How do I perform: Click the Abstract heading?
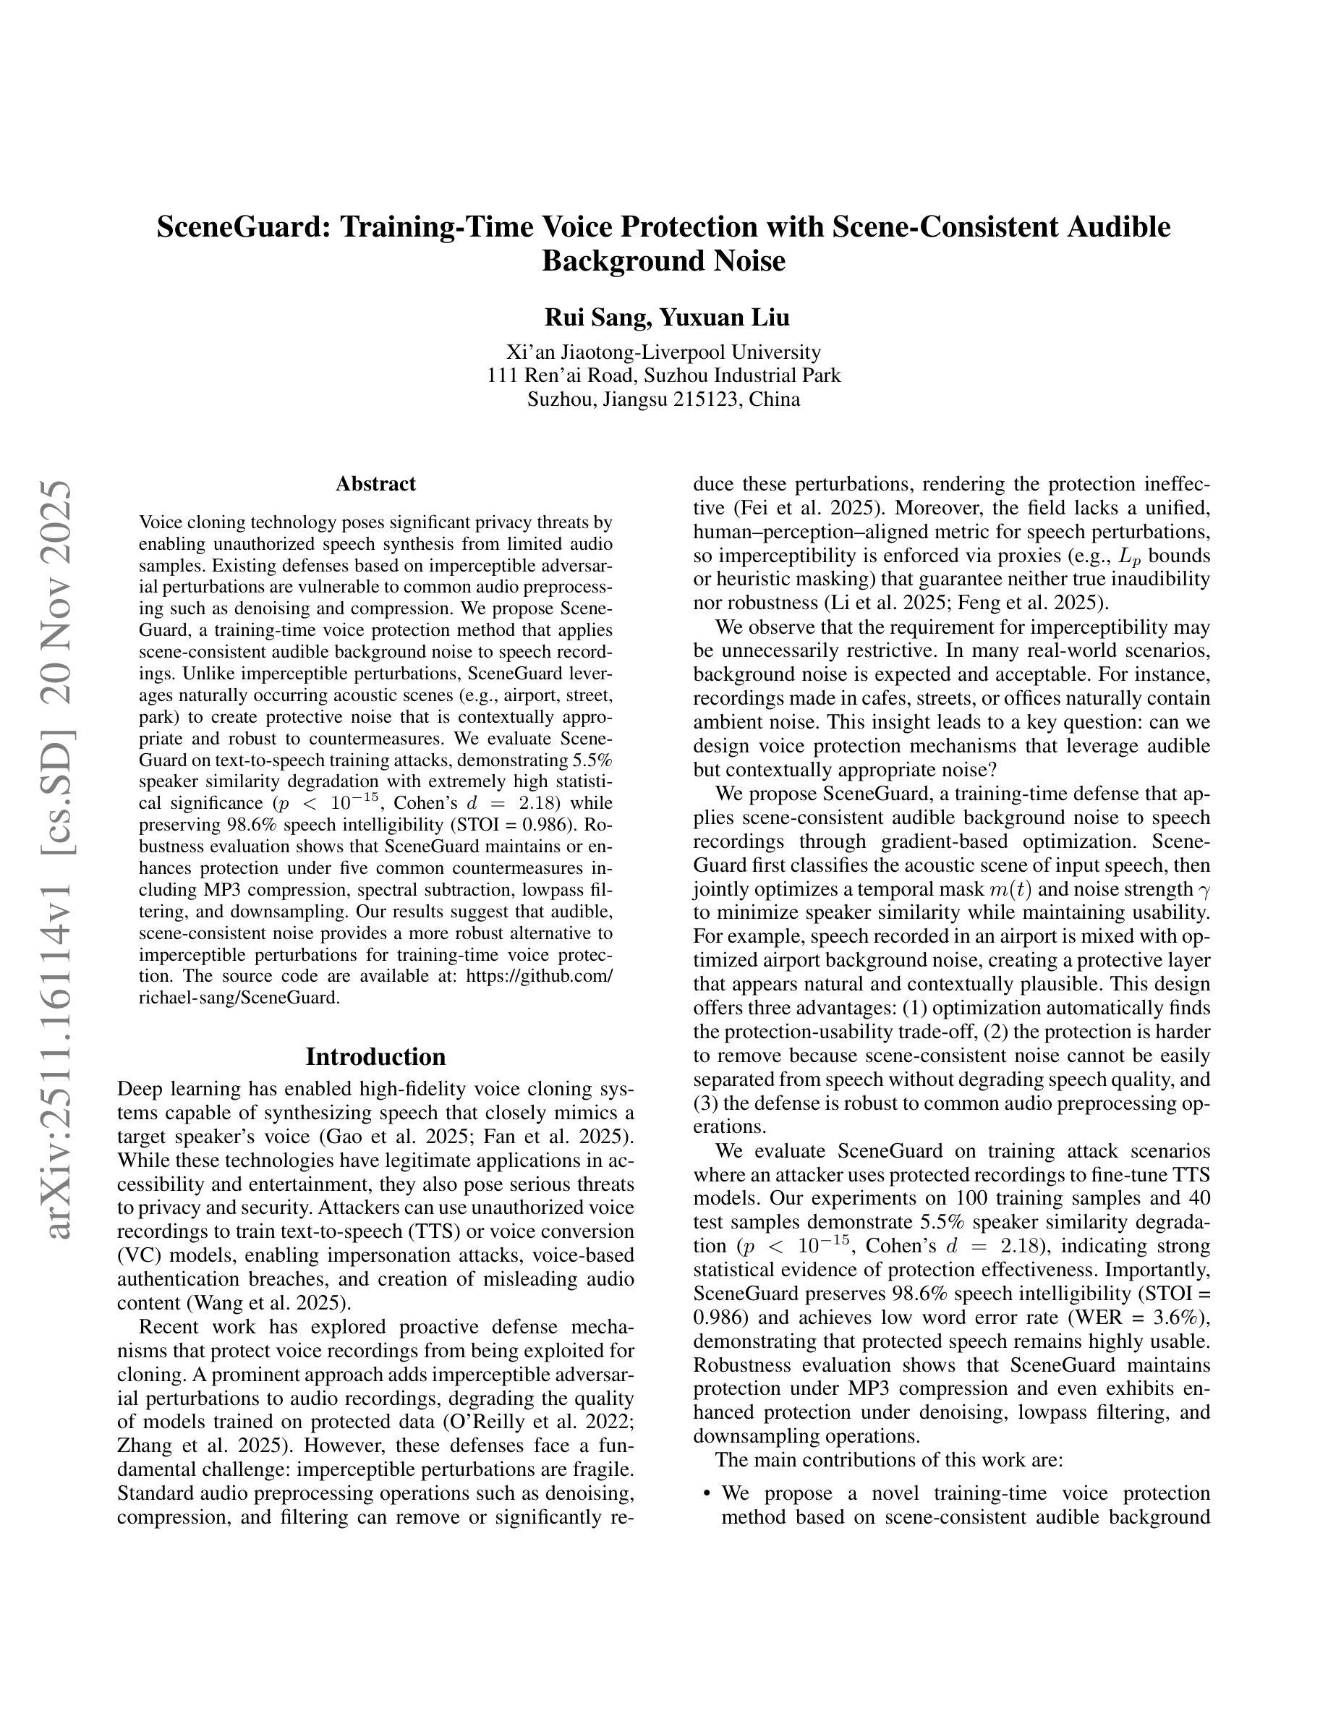pyautogui.click(x=375, y=483)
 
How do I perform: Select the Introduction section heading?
pyautogui.click(x=375, y=1056)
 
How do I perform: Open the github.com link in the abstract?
pyautogui.click(x=539, y=976)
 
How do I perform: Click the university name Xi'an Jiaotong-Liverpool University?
pyautogui.click(x=663, y=352)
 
